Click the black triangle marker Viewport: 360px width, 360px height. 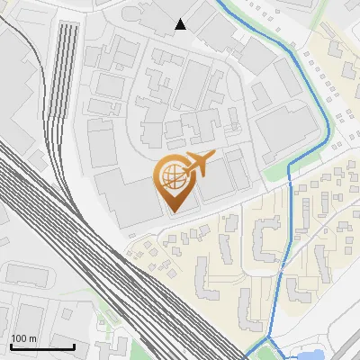[181, 24]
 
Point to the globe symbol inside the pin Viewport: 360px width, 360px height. [171, 175]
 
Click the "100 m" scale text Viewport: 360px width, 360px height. [23, 338]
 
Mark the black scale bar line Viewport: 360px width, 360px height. [42, 346]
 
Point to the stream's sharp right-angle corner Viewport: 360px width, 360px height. [289, 166]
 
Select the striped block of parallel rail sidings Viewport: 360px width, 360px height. [66, 81]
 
